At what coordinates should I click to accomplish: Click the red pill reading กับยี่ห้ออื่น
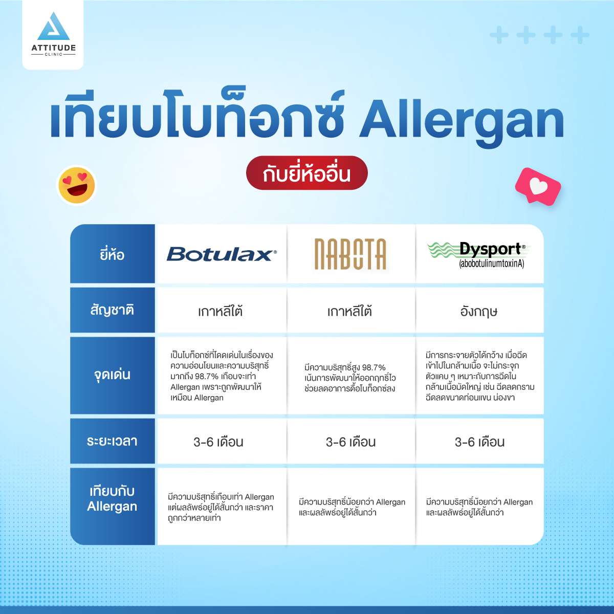307,173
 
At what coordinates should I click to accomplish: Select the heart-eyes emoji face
76,185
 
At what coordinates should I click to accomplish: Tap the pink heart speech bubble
538,186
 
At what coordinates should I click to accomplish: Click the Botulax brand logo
222,254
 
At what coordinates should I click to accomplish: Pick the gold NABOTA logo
350,254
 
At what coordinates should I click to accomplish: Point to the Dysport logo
478,255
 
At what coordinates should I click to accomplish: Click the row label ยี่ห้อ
112,255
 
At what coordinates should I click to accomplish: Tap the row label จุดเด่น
112,375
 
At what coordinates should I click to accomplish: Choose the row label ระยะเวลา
112,441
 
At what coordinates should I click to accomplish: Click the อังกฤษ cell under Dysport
479,311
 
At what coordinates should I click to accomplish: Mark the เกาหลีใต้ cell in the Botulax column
220,311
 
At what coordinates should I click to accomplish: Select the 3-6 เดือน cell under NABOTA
350,442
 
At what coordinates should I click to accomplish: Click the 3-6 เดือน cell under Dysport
479,442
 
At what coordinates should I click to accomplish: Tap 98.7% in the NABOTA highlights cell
374,368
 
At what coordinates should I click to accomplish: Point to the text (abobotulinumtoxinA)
491,264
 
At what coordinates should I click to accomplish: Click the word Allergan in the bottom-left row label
112,507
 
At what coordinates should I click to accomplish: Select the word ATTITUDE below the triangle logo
54,48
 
